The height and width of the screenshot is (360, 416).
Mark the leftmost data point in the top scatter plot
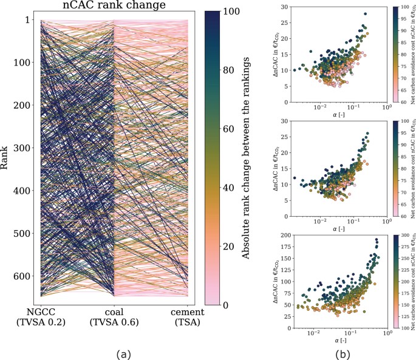(295, 70)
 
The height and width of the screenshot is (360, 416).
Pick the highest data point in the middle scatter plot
(367, 134)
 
